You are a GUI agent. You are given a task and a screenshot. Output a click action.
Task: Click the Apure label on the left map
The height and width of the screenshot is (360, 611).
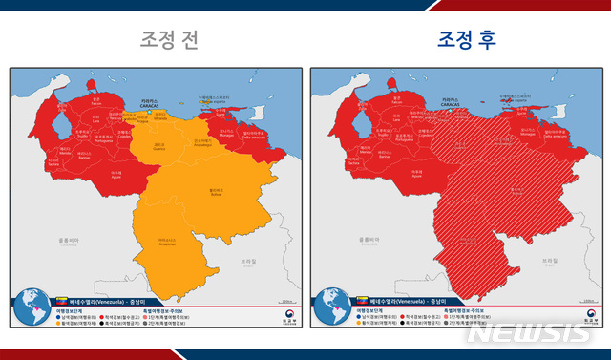coord(117,175)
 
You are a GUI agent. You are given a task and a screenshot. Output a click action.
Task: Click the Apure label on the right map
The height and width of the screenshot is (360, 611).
coord(417,175)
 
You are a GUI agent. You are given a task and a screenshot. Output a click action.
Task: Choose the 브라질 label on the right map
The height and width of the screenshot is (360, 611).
coord(548,259)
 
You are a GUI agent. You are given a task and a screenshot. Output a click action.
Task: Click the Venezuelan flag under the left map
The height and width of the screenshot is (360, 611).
coord(65,302)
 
